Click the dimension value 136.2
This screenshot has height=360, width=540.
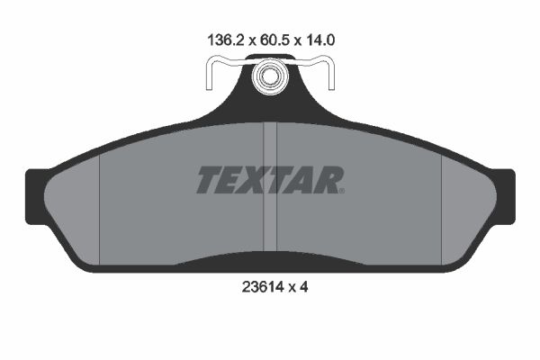pos(226,40)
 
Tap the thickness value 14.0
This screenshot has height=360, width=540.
pos(319,40)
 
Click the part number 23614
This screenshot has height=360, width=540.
pos(263,286)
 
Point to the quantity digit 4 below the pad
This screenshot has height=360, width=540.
pos(303,286)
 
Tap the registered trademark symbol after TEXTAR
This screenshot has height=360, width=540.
pos(341,191)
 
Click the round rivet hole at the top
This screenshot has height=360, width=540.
pos(269,76)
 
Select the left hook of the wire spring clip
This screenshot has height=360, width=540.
pos(210,75)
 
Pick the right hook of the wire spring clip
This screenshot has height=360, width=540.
pos(330,75)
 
